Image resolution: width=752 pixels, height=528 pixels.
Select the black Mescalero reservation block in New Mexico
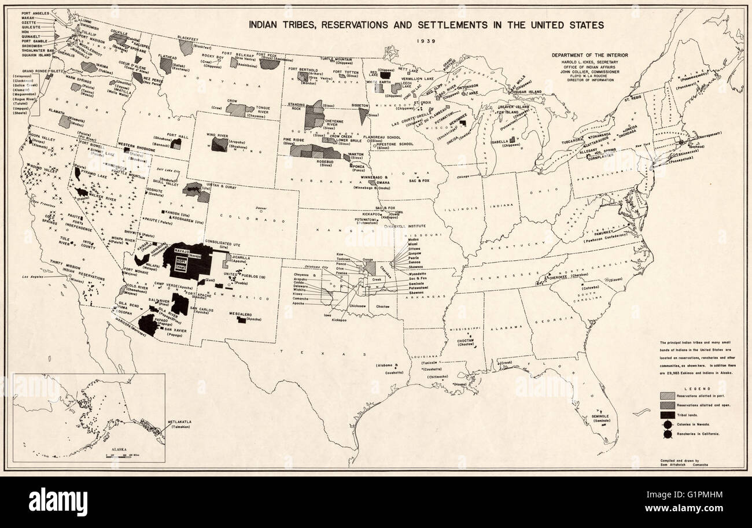241,320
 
